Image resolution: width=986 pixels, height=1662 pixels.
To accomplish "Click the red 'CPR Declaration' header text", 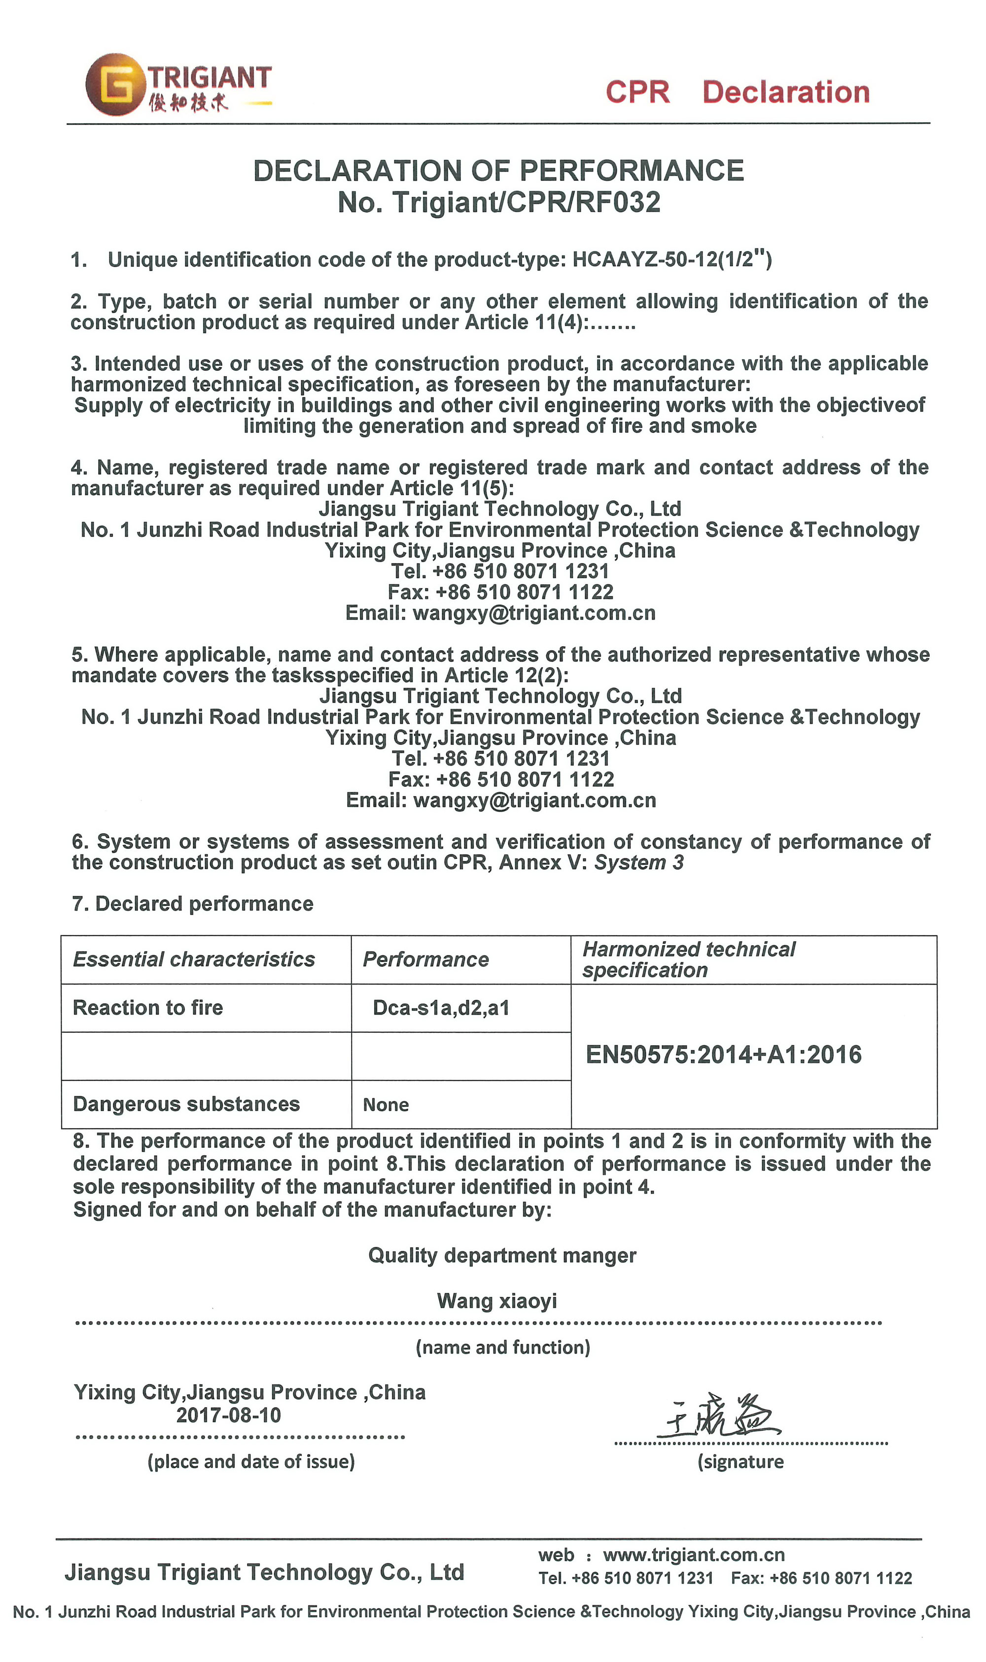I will [x=737, y=92].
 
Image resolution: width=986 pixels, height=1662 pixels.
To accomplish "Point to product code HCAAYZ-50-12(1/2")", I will [x=672, y=259].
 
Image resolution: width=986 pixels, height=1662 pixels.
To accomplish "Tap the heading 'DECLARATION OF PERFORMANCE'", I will [x=498, y=171].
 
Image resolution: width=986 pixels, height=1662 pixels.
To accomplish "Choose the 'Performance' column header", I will [x=426, y=959].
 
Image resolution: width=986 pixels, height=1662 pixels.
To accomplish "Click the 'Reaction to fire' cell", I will [x=148, y=1008].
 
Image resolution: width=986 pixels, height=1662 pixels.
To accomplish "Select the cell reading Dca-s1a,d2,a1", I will [x=441, y=1008].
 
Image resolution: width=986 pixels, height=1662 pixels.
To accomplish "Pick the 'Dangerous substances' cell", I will [x=187, y=1104].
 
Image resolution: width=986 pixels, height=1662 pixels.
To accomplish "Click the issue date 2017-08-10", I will [x=229, y=1415].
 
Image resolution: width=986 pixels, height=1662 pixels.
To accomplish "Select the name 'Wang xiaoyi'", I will [x=497, y=1301].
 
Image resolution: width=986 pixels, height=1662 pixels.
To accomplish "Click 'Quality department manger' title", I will [x=502, y=1255].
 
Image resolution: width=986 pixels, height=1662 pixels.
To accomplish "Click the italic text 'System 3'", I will [x=638, y=863].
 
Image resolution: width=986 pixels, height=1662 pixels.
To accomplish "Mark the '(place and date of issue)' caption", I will [x=251, y=1461].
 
